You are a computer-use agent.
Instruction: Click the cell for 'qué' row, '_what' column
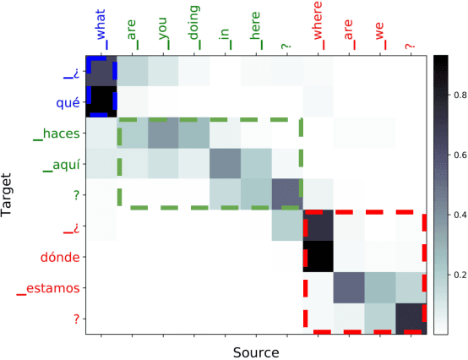[x=101, y=103]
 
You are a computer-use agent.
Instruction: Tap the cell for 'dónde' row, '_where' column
[x=318, y=257]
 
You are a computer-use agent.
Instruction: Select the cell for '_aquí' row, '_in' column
[x=225, y=165]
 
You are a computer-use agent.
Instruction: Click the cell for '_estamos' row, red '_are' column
[x=349, y=287]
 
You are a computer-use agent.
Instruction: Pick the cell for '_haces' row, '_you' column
[x=163, y=134]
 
